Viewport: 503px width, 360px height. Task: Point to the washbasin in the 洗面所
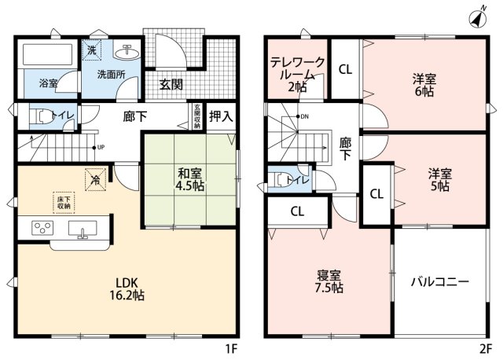pos(125,53)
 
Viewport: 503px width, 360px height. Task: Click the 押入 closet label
pos(221,117)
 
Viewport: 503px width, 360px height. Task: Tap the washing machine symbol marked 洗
pos(92,50)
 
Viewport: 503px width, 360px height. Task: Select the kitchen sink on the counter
pos(82,229)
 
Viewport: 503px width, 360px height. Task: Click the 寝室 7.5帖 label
pos(330,281)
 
